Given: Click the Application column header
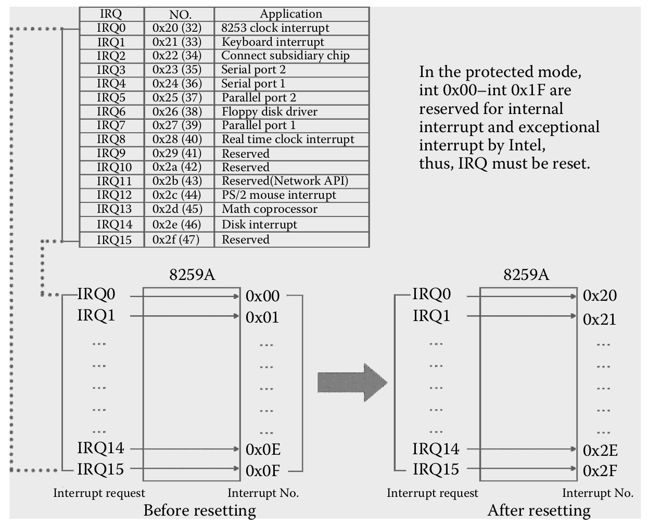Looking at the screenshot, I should (x=291, y=14).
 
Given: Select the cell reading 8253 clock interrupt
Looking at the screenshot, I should (x=275, y=28).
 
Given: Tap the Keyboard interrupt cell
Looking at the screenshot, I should (x=273, y=42).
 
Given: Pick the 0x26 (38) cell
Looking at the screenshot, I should (x=177, y=111).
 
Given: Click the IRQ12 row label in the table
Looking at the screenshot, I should (x=114, y=195).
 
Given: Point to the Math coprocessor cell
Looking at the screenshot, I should (x=269, y=209).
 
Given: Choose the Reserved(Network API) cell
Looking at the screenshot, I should (x=285, y=181).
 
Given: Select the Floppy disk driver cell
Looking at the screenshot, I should (x=269, y=111).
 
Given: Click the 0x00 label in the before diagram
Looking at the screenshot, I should (x=263, y=297).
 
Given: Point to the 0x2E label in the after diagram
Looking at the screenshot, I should (x=600, y=451).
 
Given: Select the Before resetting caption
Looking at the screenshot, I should (x=200, y=510).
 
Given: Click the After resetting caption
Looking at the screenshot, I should (x=539, y=510).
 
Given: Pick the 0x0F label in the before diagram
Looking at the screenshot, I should (x=263, y=471).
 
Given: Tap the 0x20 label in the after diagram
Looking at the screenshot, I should (x=600, y=296).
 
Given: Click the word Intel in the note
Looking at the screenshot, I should (x=526, y=145).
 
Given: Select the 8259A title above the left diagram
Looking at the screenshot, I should (x=192, y=275).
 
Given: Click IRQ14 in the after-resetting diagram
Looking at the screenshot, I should (x=436, y=449).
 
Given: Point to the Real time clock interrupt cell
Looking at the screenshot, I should (x=288, y=139).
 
